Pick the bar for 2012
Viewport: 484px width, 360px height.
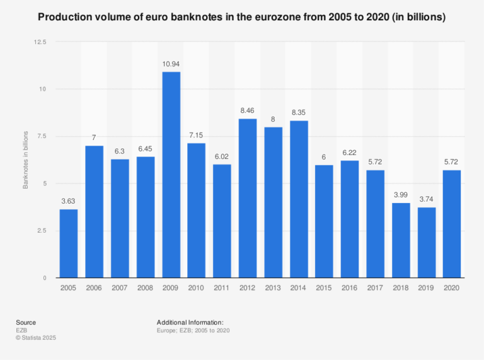point(248,198)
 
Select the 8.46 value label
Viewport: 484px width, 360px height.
point(248,112)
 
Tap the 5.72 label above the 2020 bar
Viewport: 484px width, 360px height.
point(452,163)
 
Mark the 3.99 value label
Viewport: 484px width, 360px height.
point(401,196)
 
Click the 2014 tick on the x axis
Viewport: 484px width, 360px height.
point(299,287)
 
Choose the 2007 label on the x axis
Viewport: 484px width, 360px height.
point(120,287)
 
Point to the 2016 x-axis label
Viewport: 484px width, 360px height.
point(350,287)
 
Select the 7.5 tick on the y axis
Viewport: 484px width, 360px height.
point(42,136)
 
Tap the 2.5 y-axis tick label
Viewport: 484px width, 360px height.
point(42,231)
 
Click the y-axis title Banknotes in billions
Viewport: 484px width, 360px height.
point(26,160)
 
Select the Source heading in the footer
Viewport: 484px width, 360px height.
point(26,322)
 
